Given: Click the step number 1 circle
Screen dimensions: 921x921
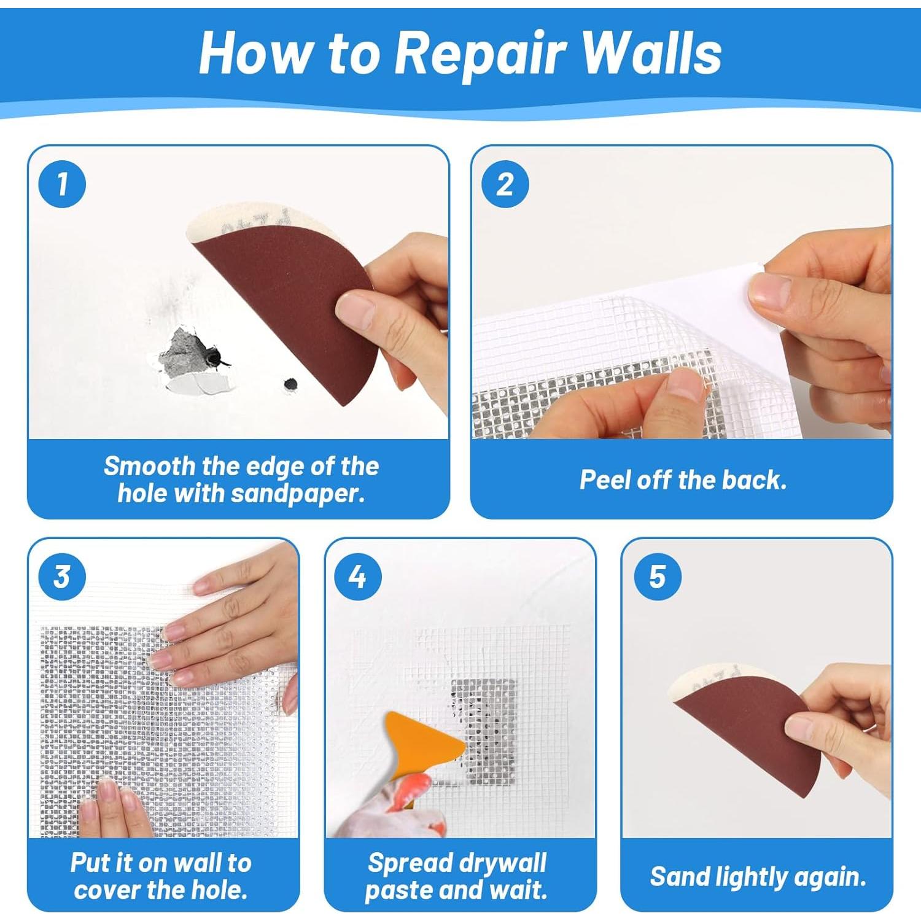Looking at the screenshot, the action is tap(62, 184).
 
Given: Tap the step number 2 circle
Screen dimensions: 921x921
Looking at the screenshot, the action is tap(505, 184).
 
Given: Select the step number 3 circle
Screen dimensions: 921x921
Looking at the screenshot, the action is tap(62, 577).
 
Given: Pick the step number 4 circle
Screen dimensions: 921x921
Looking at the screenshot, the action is tap(358, 577).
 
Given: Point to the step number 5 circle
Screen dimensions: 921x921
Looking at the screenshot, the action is tap(658, 577).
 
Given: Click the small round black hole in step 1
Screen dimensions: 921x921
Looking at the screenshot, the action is tap(290, 384).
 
